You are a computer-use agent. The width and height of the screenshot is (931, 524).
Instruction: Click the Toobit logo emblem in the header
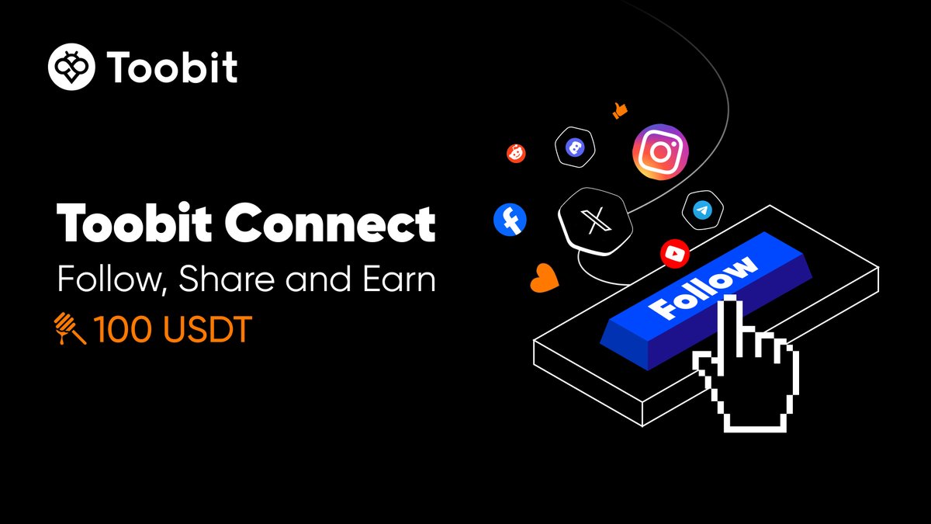click(72, 68)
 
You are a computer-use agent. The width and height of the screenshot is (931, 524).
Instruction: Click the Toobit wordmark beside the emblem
click(171, 68)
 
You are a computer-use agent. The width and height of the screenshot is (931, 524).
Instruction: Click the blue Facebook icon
click(510, 220)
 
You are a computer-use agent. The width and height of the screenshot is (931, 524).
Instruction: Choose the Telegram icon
click(703, 210)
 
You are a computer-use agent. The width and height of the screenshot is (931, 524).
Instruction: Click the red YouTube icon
click(674, 252)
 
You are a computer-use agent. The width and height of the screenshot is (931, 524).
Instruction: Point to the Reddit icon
click(516, 154)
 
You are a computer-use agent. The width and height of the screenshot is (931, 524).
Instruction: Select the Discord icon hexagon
click(575, 147)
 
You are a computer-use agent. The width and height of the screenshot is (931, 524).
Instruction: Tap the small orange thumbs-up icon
click(619, 110)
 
